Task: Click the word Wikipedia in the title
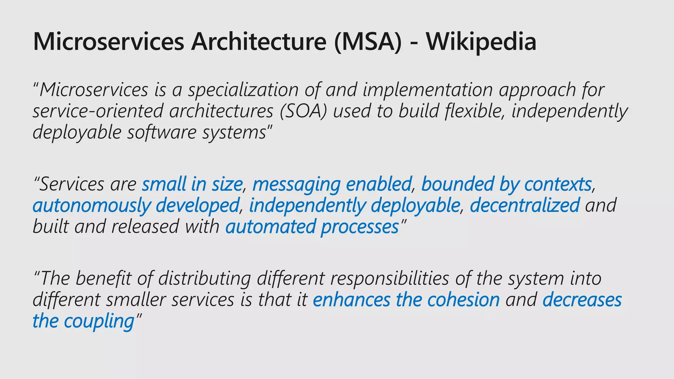(x=481, y=42)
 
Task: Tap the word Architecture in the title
(x=258, y=42)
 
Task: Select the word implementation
(x=428, y=90)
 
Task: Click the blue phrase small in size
(x=192, y=184)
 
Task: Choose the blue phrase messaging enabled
(x=332, y=184)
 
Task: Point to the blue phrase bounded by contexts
(x=506, y=184)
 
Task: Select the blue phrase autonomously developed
(x=136, y=205)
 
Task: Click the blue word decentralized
(x=525, y=205)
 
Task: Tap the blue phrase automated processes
(x=312, y=227)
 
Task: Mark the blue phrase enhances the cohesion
(x=406, y=300)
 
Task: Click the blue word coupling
(x=99, y=321)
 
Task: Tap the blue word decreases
(x=582, y=300)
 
